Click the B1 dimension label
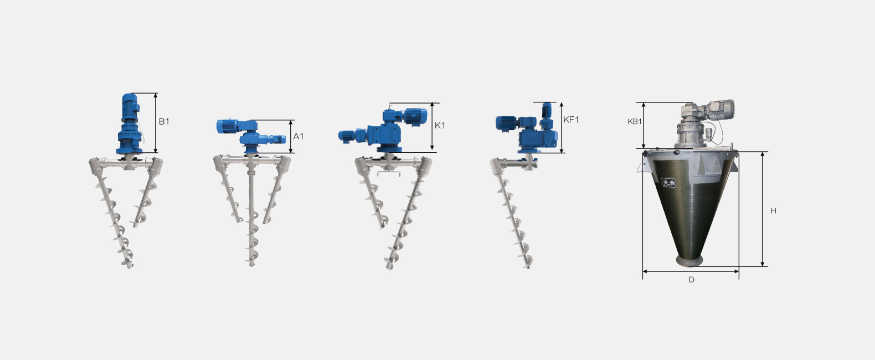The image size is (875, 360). [164, 121]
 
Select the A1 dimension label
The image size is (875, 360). [298, 136]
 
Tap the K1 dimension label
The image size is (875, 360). [440, 125]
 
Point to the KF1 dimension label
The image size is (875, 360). [571, 120]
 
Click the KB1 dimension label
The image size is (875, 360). [635, 121]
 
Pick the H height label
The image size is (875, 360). [773, 211]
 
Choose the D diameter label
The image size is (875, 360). [691, 280]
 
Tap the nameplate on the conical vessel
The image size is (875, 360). [669, 182]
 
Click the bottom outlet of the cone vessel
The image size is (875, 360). [689, 261]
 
